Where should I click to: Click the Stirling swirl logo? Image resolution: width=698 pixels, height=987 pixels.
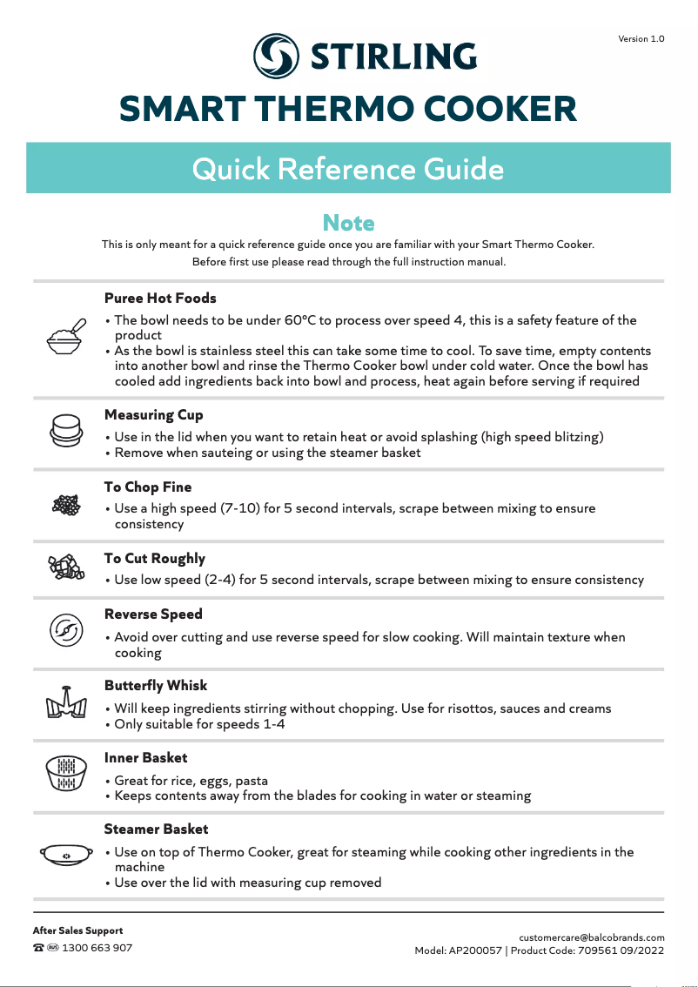[276, 56]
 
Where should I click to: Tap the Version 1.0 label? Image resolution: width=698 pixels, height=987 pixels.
[641, 39]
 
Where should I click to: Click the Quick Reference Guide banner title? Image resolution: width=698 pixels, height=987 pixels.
[348, 168]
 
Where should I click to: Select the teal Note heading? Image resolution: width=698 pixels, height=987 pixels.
[348, 223]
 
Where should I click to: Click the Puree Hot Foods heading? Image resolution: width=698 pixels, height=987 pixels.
[160, 298]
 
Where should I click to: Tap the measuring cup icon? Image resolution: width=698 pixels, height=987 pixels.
[66, 430]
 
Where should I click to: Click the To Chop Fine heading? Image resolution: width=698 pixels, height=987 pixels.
[148, 487]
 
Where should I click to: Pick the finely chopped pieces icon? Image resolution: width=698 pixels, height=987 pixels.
[66, 506]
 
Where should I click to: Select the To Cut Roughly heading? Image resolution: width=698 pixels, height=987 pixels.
[155, 558]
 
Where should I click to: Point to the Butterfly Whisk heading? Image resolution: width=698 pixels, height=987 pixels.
[156, 685]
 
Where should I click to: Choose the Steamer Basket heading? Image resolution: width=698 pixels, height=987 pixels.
[156, 829]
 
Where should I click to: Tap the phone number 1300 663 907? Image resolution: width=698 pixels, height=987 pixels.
[97, 948]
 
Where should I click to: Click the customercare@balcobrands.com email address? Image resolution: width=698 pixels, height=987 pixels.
[591, 937]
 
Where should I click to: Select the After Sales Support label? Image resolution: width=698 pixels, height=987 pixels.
[77, 930]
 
